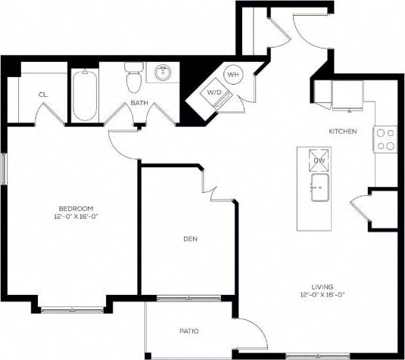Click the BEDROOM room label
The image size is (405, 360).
click(76, 208)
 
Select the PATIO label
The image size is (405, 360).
click(188, 331)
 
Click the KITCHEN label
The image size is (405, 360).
click(342, 132)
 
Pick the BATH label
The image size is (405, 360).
click(139, 103)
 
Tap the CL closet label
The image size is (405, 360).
click(43, 95)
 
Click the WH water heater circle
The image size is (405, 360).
click(233, 75)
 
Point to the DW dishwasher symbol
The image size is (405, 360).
click(319, 160)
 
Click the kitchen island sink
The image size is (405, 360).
click(319, 184)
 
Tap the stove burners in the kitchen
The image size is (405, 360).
click(385, 138)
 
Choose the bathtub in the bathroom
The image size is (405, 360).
click(84, 95)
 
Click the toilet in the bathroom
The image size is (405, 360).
click(134, 78)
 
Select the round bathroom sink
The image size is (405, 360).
click(163, 73)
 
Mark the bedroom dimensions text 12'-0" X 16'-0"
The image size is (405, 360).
click(76, 216)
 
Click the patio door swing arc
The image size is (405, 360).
click(254, 333)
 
